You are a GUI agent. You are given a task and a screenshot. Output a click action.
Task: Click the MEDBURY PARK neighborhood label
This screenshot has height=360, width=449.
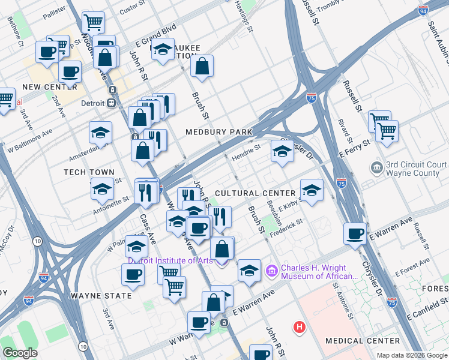click(218, 131)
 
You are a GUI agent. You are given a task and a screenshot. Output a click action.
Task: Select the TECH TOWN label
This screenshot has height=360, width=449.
click(89, 172)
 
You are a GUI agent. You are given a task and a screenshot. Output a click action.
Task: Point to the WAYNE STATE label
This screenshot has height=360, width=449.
click(101, 296)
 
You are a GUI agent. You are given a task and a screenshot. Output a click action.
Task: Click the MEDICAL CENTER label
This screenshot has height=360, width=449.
click(362, 341)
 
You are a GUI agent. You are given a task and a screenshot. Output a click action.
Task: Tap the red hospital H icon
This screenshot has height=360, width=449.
click(299, 327)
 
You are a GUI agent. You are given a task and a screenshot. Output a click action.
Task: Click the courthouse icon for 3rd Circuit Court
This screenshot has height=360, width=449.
click(377, 166)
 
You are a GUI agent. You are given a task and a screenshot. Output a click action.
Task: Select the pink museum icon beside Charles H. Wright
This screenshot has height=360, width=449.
click(272, 272)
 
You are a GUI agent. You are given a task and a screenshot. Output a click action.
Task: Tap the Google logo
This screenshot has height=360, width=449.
click(20, 353)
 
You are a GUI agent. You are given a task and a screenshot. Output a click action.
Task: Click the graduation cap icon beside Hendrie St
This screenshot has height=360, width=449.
click(282, 152)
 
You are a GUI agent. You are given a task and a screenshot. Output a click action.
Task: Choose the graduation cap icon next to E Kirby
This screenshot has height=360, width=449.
click(311, 191)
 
